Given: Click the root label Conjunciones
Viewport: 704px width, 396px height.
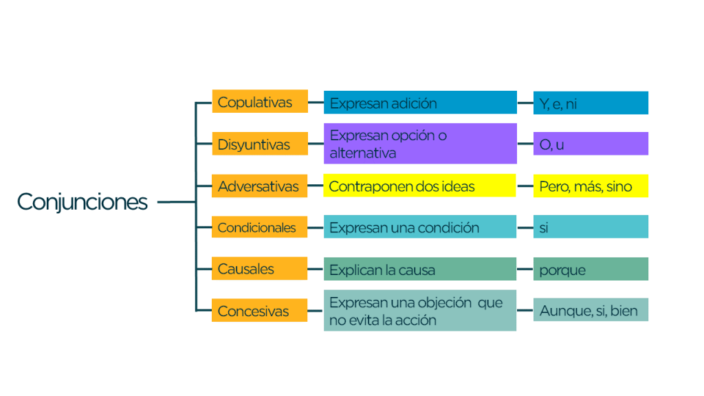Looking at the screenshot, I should click(82, 202).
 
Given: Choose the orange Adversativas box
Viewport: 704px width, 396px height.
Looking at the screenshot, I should click(259, 186).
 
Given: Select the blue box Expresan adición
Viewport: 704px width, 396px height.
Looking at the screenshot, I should click(420, 103).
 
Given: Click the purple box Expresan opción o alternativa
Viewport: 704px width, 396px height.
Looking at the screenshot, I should click(420, 144).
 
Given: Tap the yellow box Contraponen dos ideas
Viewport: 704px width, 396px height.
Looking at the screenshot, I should click(419, 186).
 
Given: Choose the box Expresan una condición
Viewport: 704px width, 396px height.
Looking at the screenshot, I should click(419, 228).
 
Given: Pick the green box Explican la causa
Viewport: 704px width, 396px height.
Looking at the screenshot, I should click(419, 269).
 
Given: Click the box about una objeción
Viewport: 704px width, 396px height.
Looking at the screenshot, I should click(419, 311).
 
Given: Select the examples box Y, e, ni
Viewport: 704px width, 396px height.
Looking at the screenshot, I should click(591, 103).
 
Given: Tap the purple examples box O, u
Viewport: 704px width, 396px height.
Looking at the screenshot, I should click(591, 144).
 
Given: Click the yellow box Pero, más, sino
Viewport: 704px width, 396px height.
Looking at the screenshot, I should click(591, 186).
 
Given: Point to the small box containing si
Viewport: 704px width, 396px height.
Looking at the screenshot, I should click(591, 228).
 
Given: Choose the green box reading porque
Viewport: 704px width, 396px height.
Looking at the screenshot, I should click(591, 269).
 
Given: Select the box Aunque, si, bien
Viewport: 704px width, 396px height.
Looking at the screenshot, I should click(591, 310).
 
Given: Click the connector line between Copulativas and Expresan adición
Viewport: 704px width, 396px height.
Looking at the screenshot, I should click(316, 102).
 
